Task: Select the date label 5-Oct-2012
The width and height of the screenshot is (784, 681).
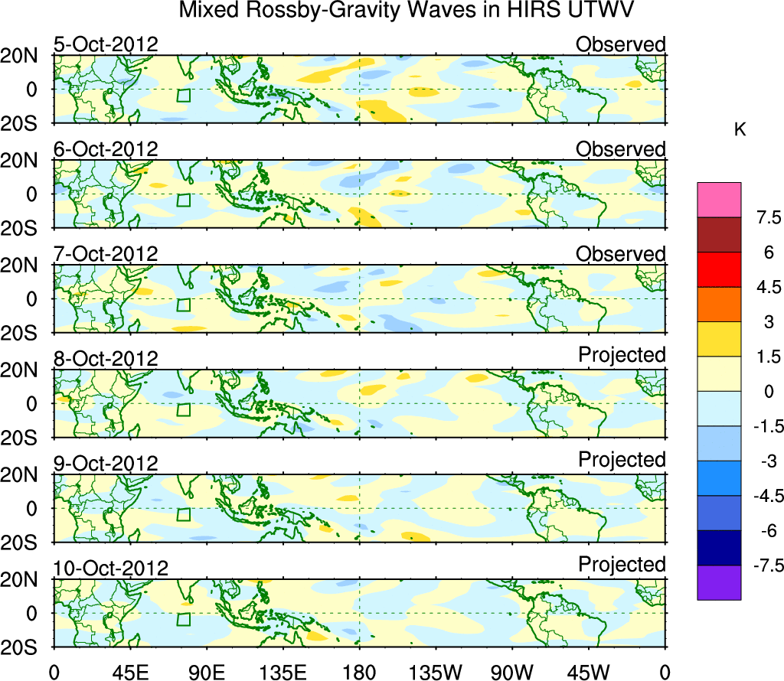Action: tap(106, 44)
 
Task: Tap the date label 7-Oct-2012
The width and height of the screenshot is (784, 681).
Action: tap(106, 253)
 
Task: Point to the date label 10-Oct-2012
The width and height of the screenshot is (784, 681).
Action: tap(111, 569)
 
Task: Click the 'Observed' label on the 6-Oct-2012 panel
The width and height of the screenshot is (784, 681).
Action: tap(621, 149)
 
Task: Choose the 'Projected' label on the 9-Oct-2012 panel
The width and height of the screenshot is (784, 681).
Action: tap(622, 460)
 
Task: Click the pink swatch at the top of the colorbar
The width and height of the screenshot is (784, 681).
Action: tap(719, 200)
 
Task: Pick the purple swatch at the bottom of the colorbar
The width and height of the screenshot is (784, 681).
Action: tap(719, 582)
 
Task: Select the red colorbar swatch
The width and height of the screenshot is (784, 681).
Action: tap(719, 269)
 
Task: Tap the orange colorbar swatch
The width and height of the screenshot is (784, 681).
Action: tap(719, 305)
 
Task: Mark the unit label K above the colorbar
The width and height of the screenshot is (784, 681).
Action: tap(740, 129)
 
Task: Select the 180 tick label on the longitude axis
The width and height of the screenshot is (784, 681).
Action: tap(359, 672)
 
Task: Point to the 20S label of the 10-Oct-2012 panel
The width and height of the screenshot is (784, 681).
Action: tap(24, 647)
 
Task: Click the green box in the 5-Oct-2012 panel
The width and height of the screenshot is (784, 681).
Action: tap(183, 96)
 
